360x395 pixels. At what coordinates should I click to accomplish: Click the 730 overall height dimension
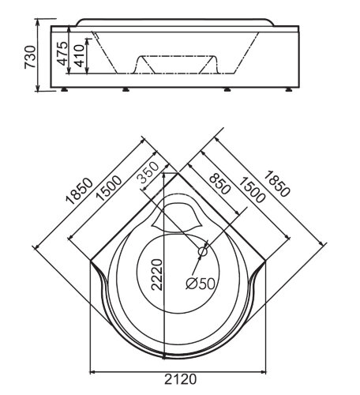pos(30,57)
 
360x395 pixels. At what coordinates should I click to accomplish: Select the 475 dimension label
pos(62,54)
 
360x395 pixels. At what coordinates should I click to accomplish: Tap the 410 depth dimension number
pos(79,55)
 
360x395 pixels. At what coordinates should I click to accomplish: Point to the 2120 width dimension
pos(181,379)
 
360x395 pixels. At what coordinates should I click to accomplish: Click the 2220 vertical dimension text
pos(157,275)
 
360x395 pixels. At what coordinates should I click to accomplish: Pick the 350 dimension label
pos(148,173)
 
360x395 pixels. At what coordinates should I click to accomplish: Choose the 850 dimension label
pos(219,184)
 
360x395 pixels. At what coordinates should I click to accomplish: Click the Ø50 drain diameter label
pos(201,284)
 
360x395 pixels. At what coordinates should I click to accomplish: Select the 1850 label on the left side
pos(80,191)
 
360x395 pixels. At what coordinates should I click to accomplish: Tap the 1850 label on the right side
pos(276,184)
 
